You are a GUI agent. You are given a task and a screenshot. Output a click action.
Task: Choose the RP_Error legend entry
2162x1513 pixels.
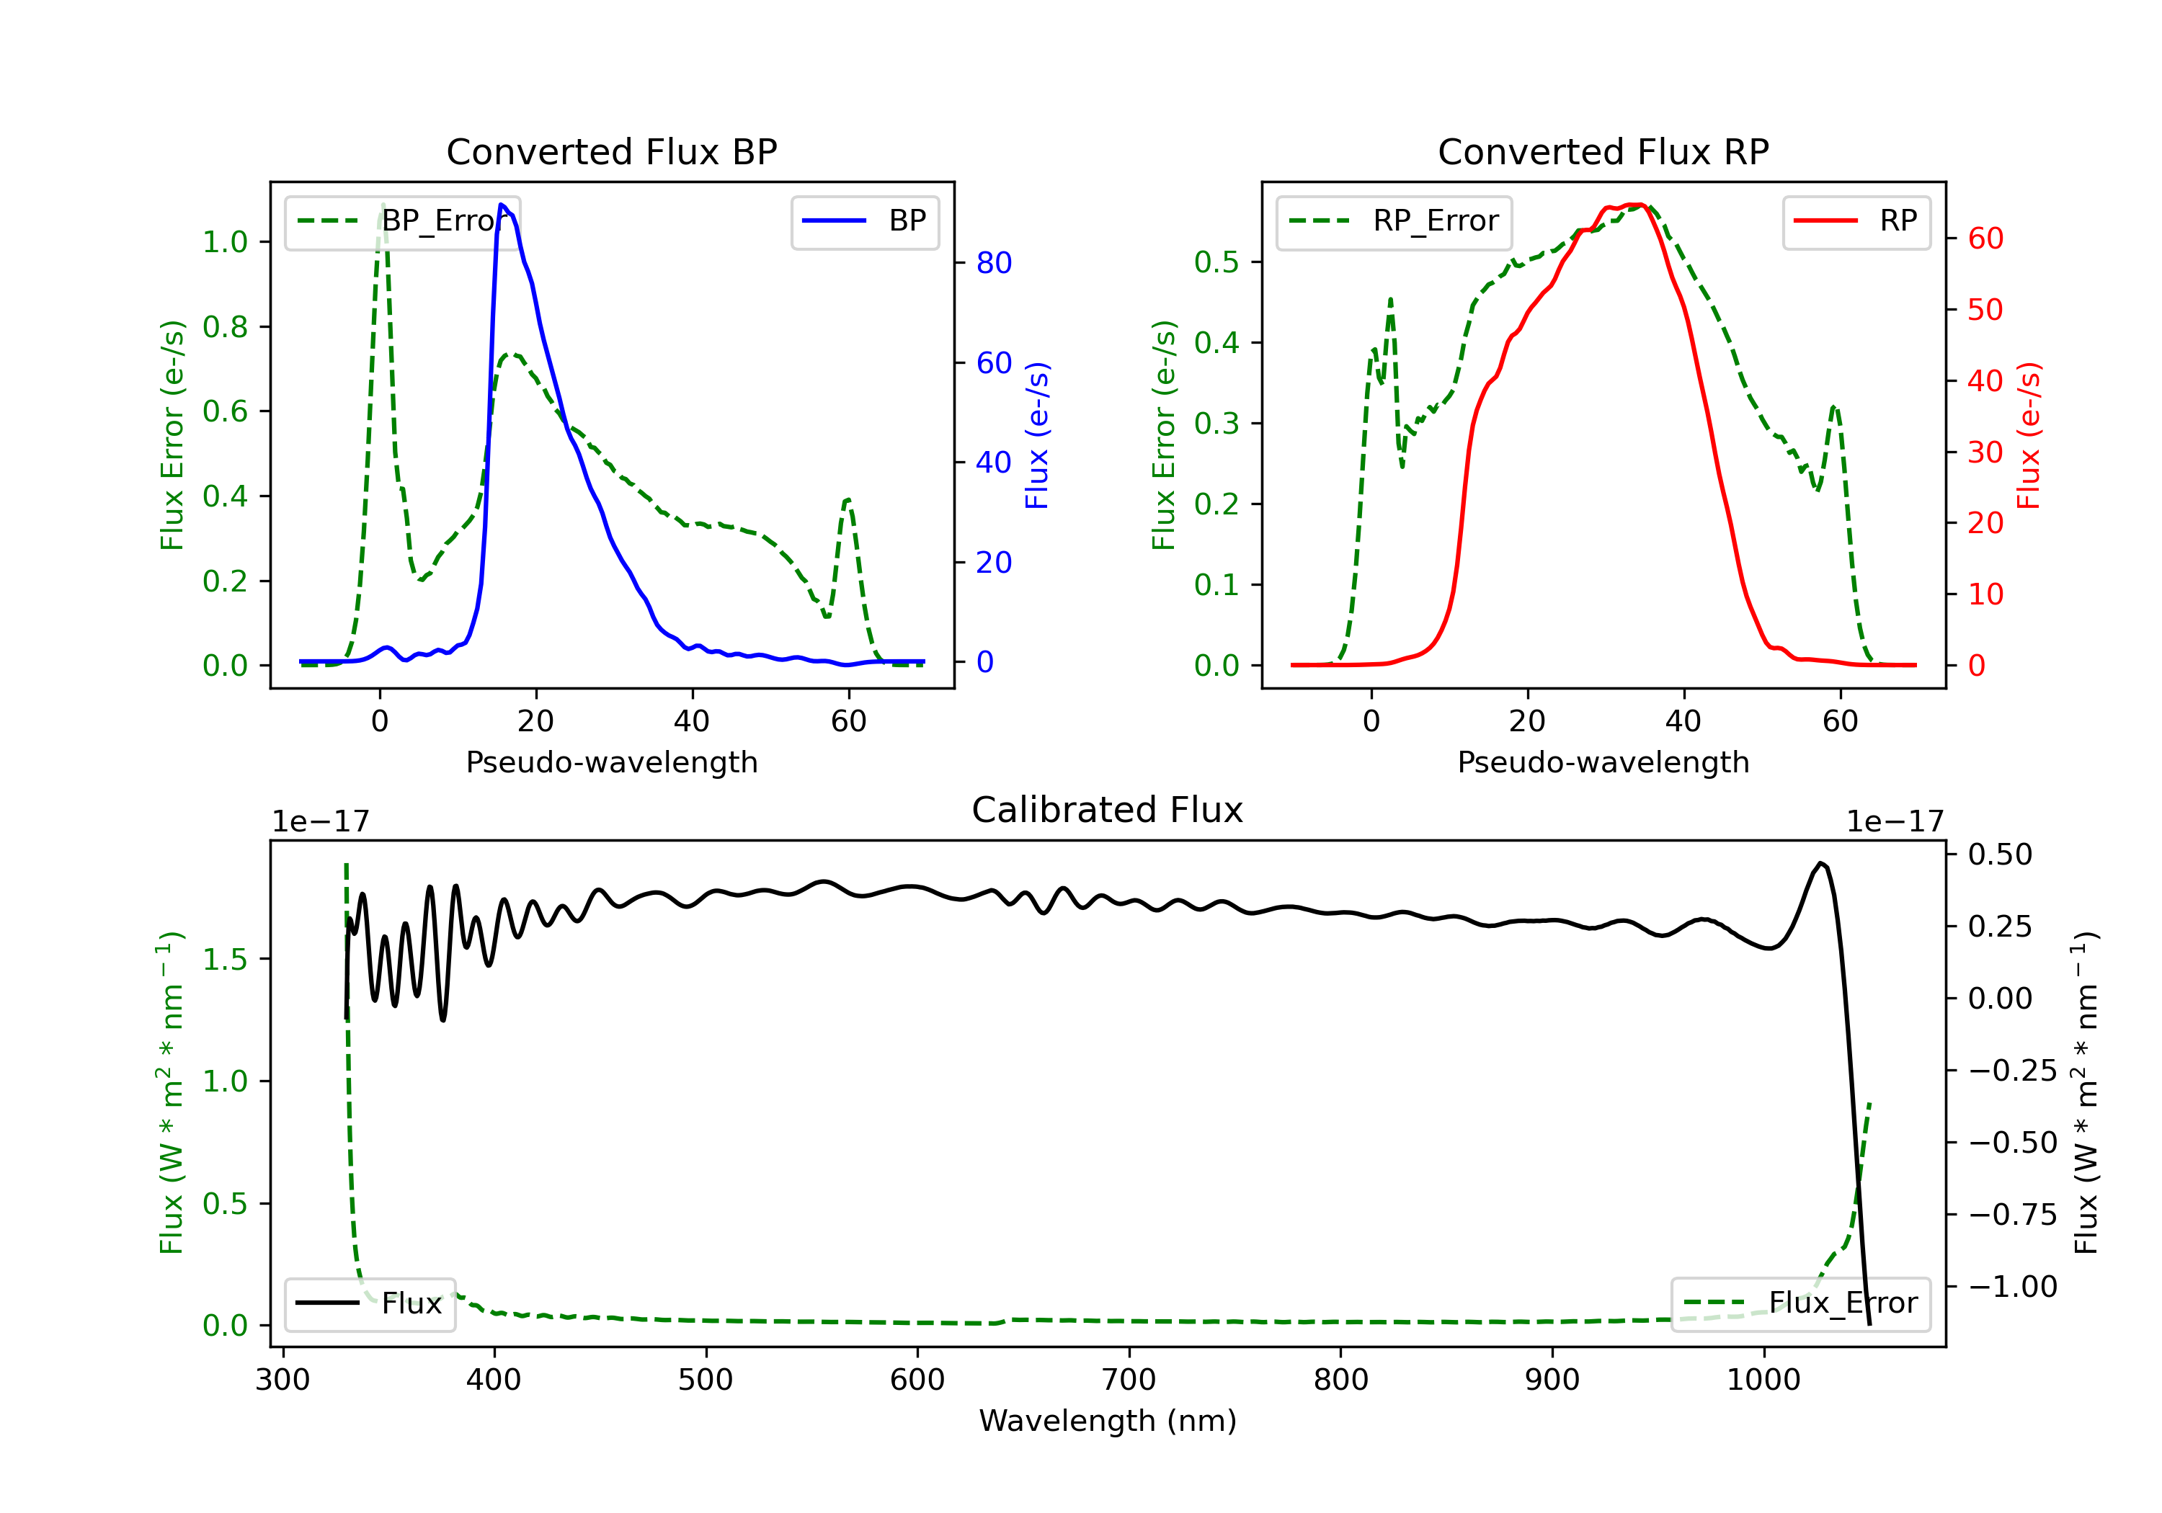click(x=1394, y=221)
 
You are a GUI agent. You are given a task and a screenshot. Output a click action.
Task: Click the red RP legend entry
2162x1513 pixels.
click(x=1856, y=221)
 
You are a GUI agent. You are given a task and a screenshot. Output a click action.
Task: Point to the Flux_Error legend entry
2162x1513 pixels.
click(x=1800, y=1303)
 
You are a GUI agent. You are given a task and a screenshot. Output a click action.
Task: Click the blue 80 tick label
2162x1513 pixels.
click(x=993, y=264)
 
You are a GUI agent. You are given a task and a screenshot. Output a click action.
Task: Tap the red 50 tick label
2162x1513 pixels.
click(x=1985, y=311)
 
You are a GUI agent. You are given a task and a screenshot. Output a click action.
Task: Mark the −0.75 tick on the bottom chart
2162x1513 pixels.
click(x=2012, y=1215)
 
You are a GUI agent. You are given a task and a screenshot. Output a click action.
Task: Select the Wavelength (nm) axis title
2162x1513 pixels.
click(x=1108, y=1421)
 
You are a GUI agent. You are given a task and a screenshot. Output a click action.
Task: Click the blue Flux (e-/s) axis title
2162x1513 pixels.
click(x=1037, y=436)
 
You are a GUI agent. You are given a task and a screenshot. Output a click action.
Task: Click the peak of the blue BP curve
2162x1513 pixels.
click(x=502, y=205)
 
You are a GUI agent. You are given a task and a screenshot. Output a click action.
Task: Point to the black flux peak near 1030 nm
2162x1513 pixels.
click(x=1821, y=863)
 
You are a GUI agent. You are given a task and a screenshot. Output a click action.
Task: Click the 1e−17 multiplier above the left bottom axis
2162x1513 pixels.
click(x=320, y=822)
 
